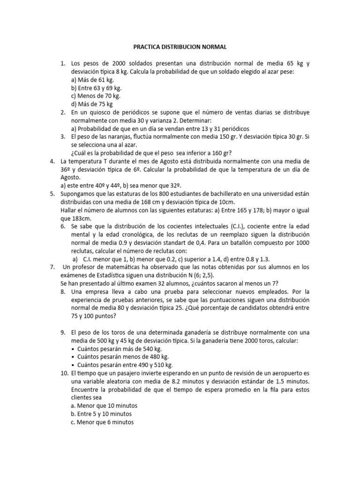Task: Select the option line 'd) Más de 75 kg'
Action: (x=92, y=104)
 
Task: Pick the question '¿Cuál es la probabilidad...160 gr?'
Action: (x=152, y=153)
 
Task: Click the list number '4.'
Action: (x=52, y=161)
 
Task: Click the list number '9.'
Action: (x=63, y=332)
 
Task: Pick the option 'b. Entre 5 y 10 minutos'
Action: (x=101, y=414)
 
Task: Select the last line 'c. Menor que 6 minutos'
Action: (x=102, y=422)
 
